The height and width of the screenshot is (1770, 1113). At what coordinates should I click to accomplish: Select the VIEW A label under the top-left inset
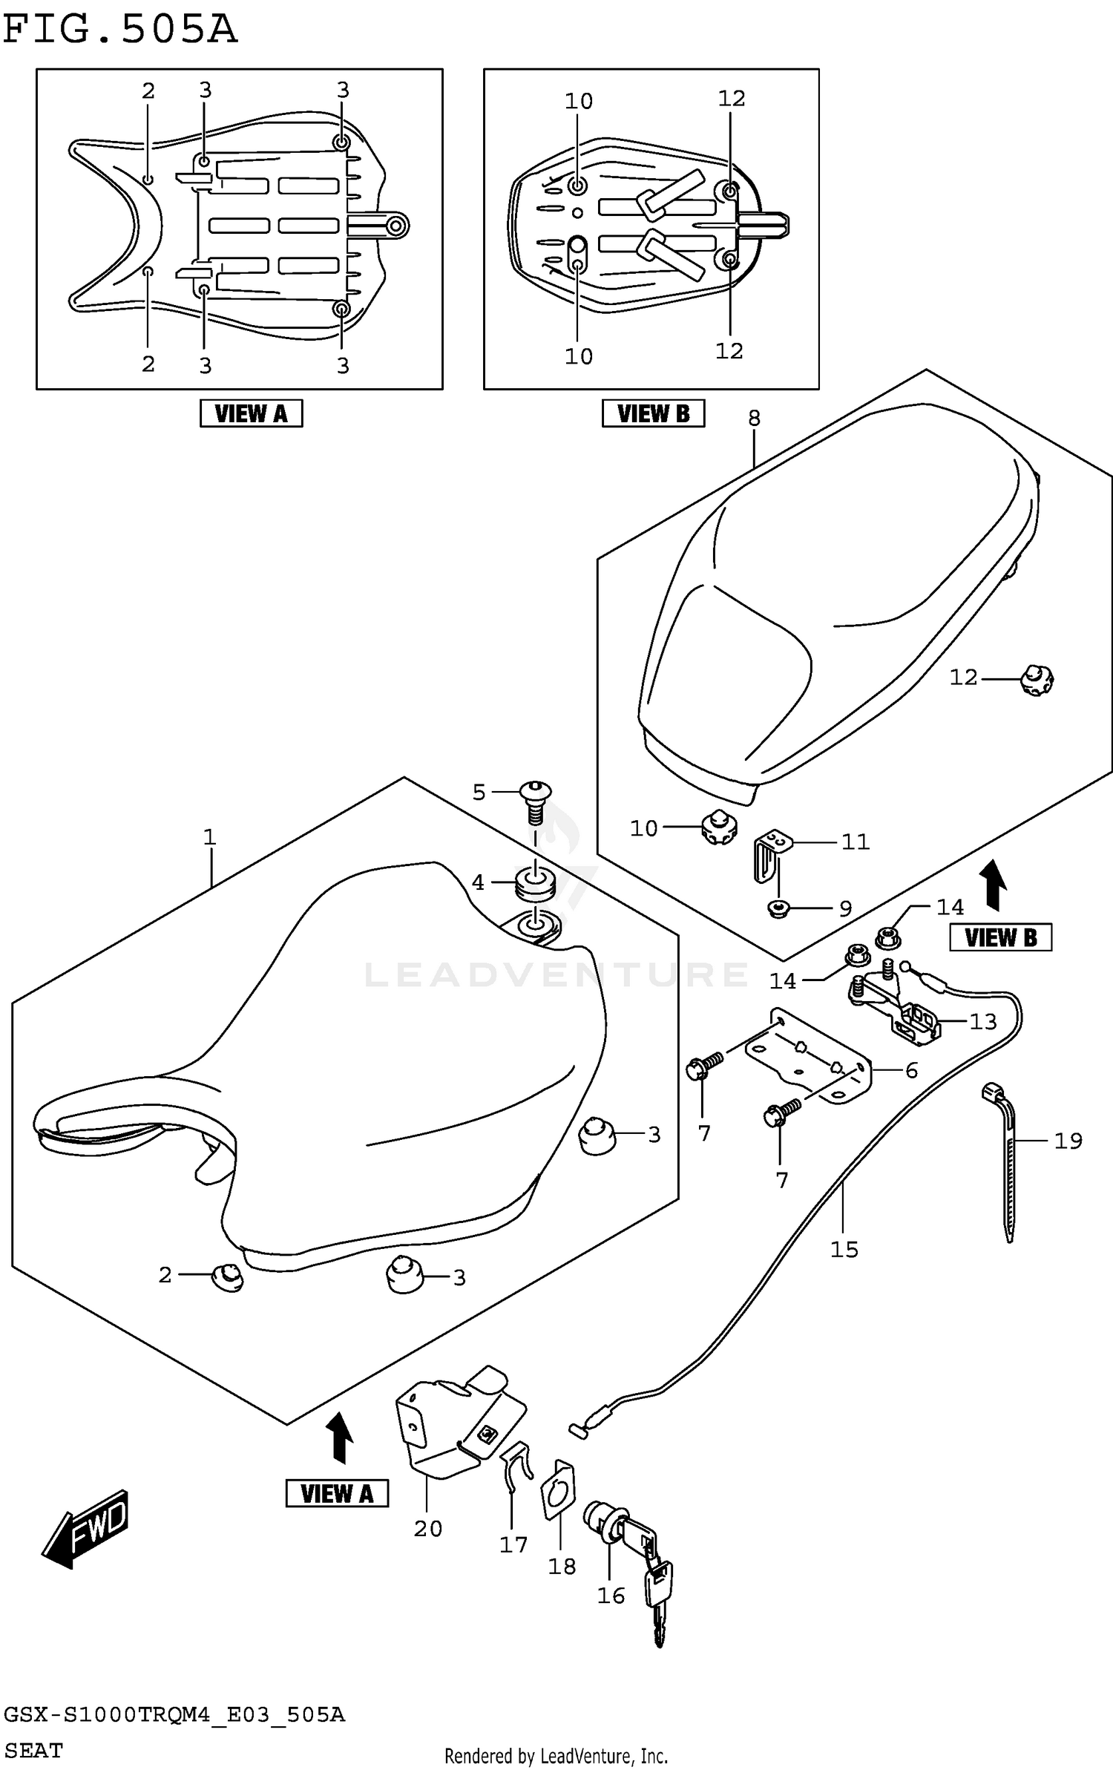(251, 413)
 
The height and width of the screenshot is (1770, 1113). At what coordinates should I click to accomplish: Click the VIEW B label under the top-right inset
(653, 413)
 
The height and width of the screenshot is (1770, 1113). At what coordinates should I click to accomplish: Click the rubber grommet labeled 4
(534, 883)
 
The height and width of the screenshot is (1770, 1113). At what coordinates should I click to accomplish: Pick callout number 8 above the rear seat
(754, 418)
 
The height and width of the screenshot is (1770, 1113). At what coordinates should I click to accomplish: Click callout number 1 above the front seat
(210, 837)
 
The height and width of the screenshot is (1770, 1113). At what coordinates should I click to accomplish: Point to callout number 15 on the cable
(844, 1249)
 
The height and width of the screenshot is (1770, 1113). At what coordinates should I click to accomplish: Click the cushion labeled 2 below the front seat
(228, 1278)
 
